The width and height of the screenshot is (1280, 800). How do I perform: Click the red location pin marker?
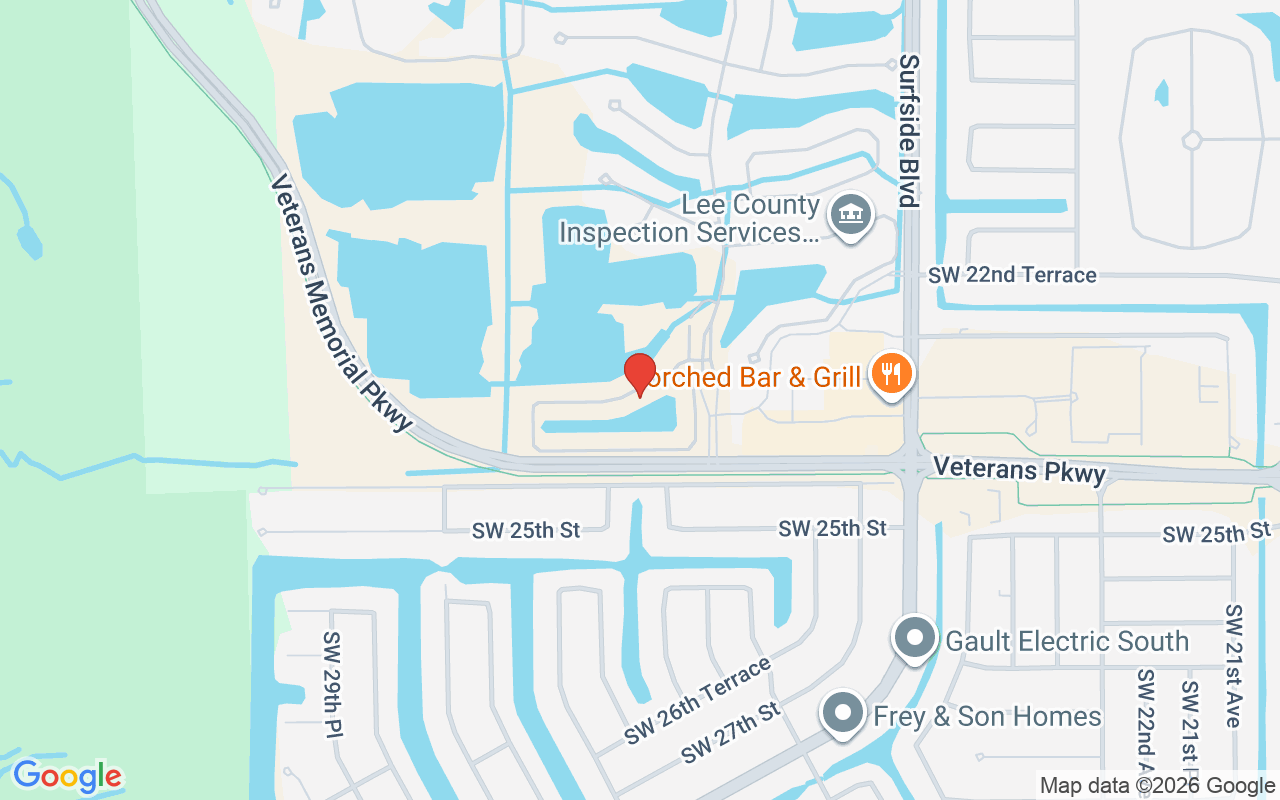click(x=640, y=373)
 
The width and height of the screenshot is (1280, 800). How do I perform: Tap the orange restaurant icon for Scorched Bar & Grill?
click(x=889, y=374)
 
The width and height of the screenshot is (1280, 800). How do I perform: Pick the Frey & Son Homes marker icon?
click(x=843, y=714)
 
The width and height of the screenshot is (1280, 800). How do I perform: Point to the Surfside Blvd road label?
click(x=908, y=130)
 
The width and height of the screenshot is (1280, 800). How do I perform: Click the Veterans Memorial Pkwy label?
click(x=341, y=305)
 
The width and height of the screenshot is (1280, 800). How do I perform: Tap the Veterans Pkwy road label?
click(x=1018, y=469)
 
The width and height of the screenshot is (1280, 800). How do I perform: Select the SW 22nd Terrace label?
click(x=1012, y=275)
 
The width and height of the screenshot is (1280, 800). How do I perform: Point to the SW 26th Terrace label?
click(x=698, y=700)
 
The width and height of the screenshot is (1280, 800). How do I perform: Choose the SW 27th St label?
click(x=730, y=734)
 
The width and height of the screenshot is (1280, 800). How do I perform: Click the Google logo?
click(x=67, y=776)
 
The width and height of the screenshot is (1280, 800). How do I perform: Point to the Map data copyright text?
click(x=1158, y=786)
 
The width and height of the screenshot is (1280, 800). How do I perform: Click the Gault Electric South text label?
click(x=1067, y=641)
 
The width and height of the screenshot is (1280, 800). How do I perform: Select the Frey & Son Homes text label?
click(x=987, y=717)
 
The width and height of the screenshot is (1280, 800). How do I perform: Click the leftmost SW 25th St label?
click(x=526, y=531)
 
